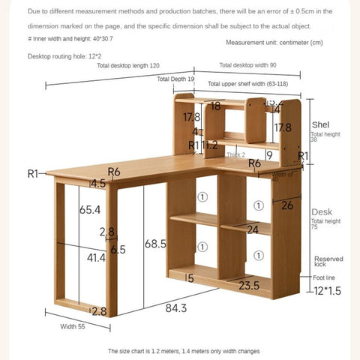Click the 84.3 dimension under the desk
[x=177, y=307]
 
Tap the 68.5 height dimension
[x=155, y=244]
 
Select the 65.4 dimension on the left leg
[x=90, y=211]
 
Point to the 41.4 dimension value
[x=96, y=257]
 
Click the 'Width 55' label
[x=73, y=326]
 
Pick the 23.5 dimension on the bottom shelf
[x=250, y=285]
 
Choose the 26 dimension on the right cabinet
[x=287, y=205]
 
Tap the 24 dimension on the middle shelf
[x=253, y=229]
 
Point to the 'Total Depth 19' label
[x=175, y=78]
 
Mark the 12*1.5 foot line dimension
[x=327, y=290]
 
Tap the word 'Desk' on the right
[x=321, y=211]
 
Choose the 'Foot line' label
[x=325, y=277]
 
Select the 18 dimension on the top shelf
[x=216, y=106]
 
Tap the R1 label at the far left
[x=32, y=173]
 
